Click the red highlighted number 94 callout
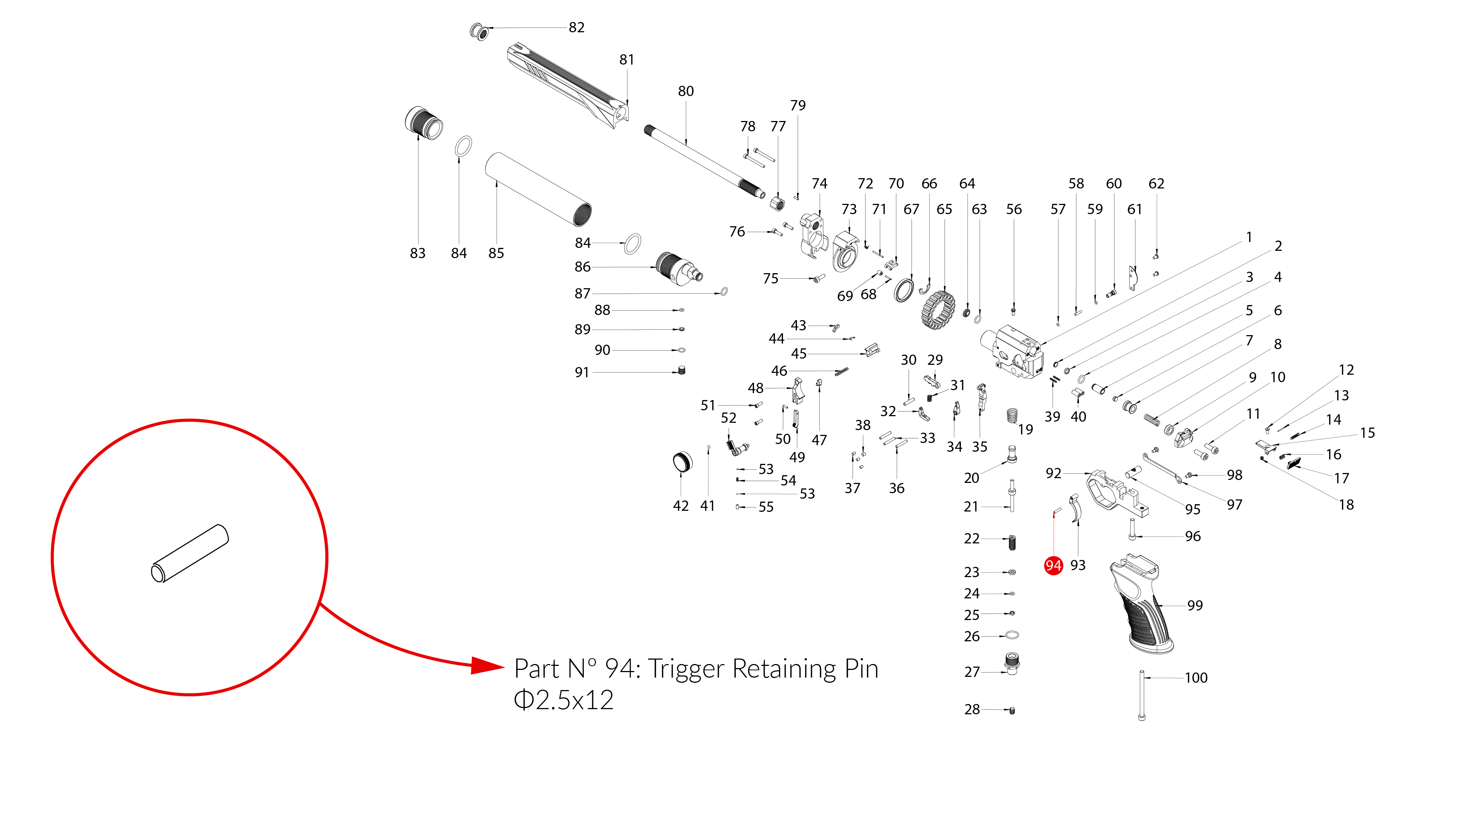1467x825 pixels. coord(1053,565)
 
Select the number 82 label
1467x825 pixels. coord(576,27)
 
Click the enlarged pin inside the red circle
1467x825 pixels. coord(190,553)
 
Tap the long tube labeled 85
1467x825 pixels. coord(538,189)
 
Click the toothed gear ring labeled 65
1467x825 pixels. coord(937,310)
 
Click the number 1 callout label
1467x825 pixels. coord(1249,237)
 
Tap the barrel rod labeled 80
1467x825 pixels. coord(704,162)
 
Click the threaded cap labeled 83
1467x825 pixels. coord(424,122)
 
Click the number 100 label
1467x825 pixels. coord(1196,678)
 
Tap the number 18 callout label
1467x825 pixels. coord(1346,505)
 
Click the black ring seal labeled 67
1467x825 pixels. coord(904,290)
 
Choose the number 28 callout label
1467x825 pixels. coord(972,709)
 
